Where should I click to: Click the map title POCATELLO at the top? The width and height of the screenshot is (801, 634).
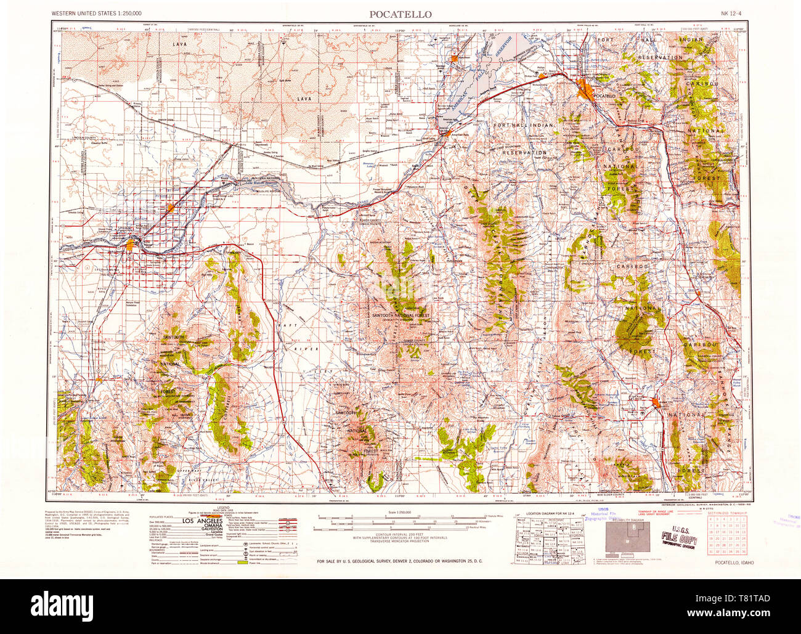pyautogui.click(x=400, y=14)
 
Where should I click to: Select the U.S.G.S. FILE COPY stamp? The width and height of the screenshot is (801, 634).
pyautogui.click(x=678, y=530)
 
